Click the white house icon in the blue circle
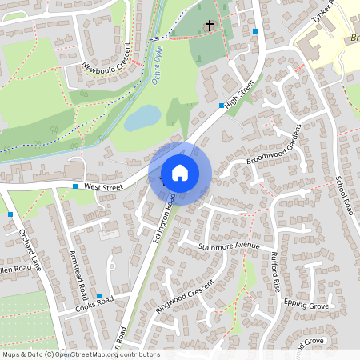tap(180, 173)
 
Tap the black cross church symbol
tap(210, 26)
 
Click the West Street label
tap(102, 186)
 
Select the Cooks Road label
tap(94, 303)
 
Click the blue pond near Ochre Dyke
tap(142, 118)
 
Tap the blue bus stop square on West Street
tap(74, 186)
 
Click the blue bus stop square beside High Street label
tap(222, 105)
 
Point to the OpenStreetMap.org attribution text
tap(80, 354)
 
